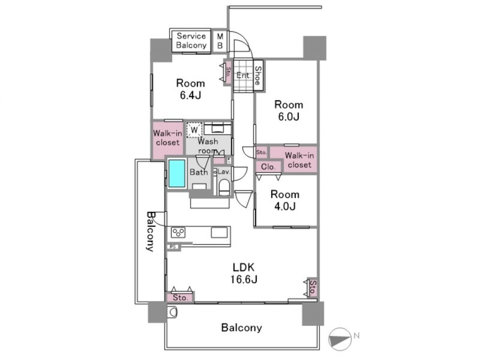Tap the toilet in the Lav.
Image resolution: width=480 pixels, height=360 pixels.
click(x=224, y=187)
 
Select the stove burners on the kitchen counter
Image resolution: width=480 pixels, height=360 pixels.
click(x=178, y=232)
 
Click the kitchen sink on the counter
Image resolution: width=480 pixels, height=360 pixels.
click(x=219, y=232)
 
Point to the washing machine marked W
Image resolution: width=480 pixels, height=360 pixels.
click(x=194, y=130)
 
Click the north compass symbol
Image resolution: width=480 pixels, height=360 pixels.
click(x=340, y=339)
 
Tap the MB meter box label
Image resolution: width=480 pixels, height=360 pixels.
click(x=220, y=41)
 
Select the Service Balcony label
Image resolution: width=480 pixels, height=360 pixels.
click(x=191, y=40)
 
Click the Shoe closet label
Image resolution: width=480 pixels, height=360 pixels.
click(x=257, y=76)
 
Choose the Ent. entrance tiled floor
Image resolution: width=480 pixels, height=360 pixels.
click(x=244, y=75)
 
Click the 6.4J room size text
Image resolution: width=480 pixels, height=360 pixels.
click(x=190, y=96)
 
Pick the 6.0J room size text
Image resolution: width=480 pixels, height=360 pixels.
click(x=288, y=117)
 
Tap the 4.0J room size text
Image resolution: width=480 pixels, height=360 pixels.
click(x=285, y=206)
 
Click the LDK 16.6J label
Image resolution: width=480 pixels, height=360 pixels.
click(x=244, y=273)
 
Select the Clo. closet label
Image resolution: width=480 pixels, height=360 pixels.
click(x=268, y=167)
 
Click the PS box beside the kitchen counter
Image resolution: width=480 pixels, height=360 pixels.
click(x=173, y=246)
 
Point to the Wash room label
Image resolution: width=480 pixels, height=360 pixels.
click(x=208, y=146)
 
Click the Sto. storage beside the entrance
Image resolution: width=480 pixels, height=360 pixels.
click(x=228, y=73)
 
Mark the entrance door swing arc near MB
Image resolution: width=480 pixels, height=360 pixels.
click(x=245, y=40)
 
